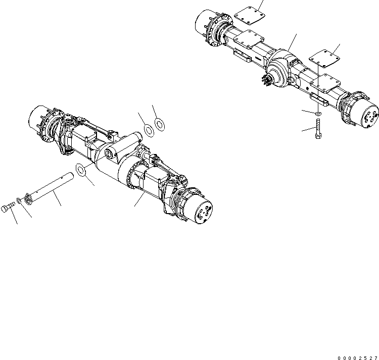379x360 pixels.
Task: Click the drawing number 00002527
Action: coord(355,353)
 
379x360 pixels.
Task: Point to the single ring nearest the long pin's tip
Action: coord(81,170)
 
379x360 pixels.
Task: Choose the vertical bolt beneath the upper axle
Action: coord(316,134)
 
